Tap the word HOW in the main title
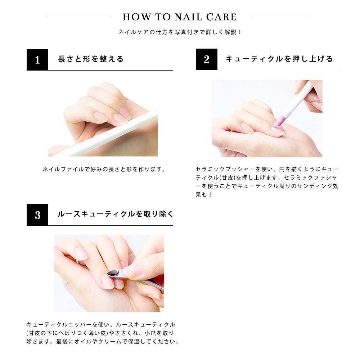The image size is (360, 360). pos(137,17)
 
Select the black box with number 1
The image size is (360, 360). pos(37,60)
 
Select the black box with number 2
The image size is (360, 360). pos(206,59)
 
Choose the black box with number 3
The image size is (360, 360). pos(37,215)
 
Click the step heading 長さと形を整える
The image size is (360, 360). pos(91,59)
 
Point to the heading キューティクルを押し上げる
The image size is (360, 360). pos(279,59)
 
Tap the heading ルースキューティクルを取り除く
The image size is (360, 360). pos(116,214)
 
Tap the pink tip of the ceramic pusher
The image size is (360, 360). pos(278,121)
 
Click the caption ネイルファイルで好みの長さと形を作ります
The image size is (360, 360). pos(104,170)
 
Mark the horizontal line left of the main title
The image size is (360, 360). pos(79,17)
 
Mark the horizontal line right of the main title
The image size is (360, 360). pos(282,17)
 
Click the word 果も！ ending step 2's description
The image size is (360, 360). pos(203,194)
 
